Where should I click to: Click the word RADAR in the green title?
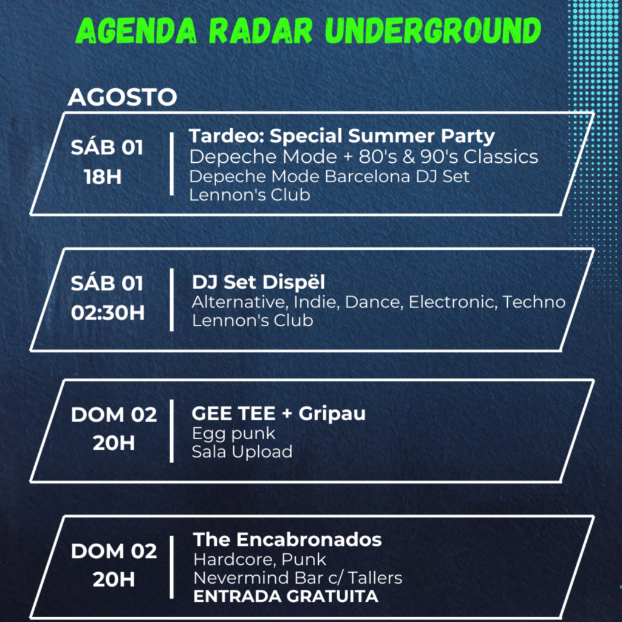coord(261,30)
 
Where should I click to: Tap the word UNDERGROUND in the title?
coord(432,30)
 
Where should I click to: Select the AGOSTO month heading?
coord(122,97)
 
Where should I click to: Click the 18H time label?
coord(103,177)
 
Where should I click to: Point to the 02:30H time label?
coord(108,313)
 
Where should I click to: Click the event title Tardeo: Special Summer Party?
coord(342,137)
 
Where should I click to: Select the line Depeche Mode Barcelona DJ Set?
coord(329,177)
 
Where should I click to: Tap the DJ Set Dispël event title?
coord(259,282)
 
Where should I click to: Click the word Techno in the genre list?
coord(534,302)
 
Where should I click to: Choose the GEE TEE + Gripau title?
coord(278,413)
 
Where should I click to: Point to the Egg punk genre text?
coord(234,434)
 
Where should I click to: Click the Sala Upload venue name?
coord(242,452)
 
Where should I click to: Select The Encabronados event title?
coord(287,539)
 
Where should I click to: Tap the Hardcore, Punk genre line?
coord(260,559)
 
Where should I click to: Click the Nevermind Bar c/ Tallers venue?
coord(298,578)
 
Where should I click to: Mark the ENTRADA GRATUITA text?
coord(285,596)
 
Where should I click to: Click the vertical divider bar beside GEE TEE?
coord(172,431)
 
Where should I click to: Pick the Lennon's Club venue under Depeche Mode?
coord(250,195)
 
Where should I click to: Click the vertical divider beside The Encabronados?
coord(172,567)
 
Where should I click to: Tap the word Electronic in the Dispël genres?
coord(453,302)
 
